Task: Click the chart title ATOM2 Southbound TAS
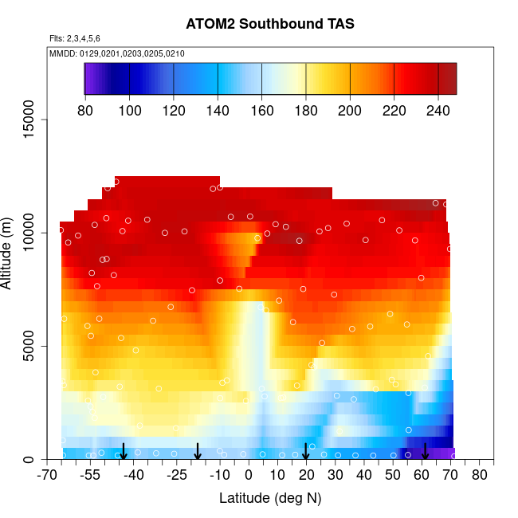269,24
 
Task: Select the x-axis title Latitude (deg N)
269,498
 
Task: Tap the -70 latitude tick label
48,477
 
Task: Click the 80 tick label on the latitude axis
480,477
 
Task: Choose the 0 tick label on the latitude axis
249,477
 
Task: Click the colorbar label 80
85,110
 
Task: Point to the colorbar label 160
261,110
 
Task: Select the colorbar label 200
350,110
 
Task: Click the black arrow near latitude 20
306,452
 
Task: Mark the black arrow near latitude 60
425,452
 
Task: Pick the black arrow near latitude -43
124,452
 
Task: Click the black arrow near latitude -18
198,452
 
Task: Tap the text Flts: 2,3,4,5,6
75,38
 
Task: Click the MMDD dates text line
117,53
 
